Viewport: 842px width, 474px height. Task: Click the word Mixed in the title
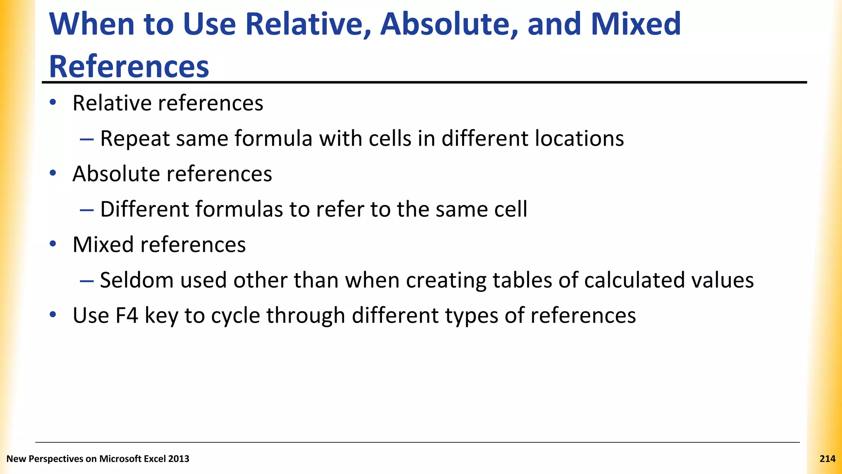point(636,24)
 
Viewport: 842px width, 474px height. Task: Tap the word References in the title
point(129,66)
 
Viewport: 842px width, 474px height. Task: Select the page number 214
point(827,459)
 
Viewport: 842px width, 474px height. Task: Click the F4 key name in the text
point(126,316)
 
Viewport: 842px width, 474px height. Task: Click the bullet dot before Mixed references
point(53,244)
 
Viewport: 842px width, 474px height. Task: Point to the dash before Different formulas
point(87,210)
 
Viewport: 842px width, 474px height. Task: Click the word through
point(305,316)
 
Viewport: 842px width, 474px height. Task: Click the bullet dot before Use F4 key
point(53,315)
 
